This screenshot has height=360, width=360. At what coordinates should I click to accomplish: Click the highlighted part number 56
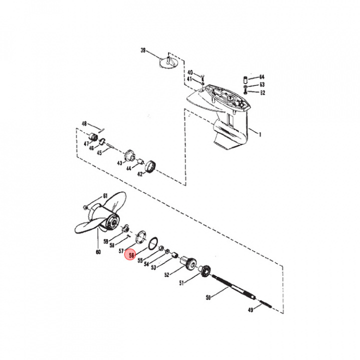[131, 255]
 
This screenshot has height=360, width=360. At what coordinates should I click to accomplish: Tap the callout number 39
[143, 50]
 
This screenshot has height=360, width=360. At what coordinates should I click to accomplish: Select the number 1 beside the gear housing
[260, 134]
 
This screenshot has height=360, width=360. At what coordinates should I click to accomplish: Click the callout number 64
[261, 76]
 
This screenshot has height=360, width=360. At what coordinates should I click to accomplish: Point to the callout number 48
[84, 124]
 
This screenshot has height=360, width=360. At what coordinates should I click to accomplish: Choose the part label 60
[98, 252]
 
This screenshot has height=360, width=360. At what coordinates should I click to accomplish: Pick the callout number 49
[250, 310]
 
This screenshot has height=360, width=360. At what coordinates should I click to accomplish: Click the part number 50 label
[208, 298]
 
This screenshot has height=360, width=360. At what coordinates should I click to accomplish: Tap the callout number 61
[105, 196]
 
